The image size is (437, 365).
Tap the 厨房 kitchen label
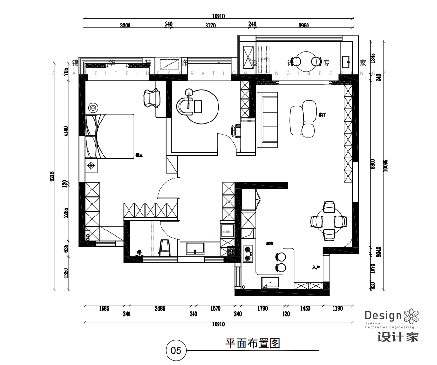coord(270,243)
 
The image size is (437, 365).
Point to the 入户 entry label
coord(316,267)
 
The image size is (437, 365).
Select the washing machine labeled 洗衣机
coord(227,232)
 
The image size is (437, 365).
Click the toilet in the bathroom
coord(164,247)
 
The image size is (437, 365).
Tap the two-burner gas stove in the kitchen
coord(248,253)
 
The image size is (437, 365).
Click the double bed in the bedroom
coord(111,136)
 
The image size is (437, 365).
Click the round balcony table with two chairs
coord(307,61)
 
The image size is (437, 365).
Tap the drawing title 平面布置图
coord(253,344)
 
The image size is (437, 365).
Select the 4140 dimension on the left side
coord(66,132)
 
